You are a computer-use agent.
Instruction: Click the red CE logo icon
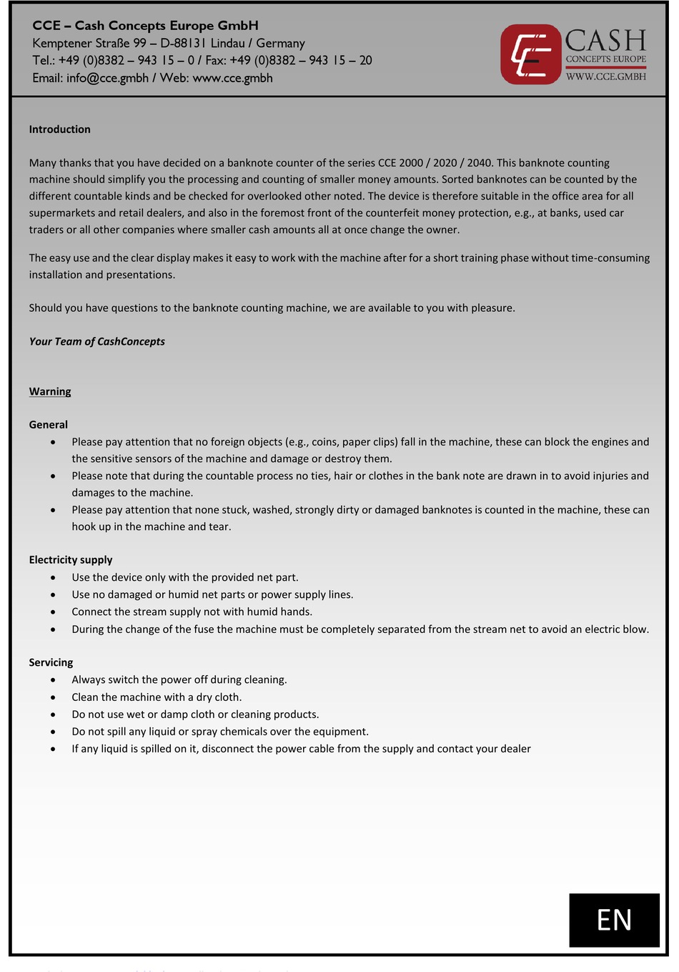pos(530,54)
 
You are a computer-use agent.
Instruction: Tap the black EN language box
pos(614,920)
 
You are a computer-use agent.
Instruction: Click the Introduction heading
pos(59,129)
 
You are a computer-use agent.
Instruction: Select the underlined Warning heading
pos(50,392)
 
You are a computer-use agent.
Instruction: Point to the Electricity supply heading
pos(71,560)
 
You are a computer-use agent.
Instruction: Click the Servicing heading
pos(51,662)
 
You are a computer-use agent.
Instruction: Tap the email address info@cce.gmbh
pos(107,78)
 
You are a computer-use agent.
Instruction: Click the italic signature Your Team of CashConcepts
pos(96,342)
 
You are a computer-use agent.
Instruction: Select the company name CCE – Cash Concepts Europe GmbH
pos(145,26)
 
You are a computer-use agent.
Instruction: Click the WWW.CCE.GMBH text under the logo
pos(605,77)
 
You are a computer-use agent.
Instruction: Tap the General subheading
pos(48,425)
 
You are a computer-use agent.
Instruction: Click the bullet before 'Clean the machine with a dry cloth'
pos(53,697)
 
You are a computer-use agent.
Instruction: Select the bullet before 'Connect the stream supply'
pos(53,612)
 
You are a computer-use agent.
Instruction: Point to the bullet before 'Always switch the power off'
pos(53,680)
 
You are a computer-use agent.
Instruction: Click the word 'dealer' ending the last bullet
pos(514,749)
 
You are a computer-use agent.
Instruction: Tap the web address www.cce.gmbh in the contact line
pos(232,78)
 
